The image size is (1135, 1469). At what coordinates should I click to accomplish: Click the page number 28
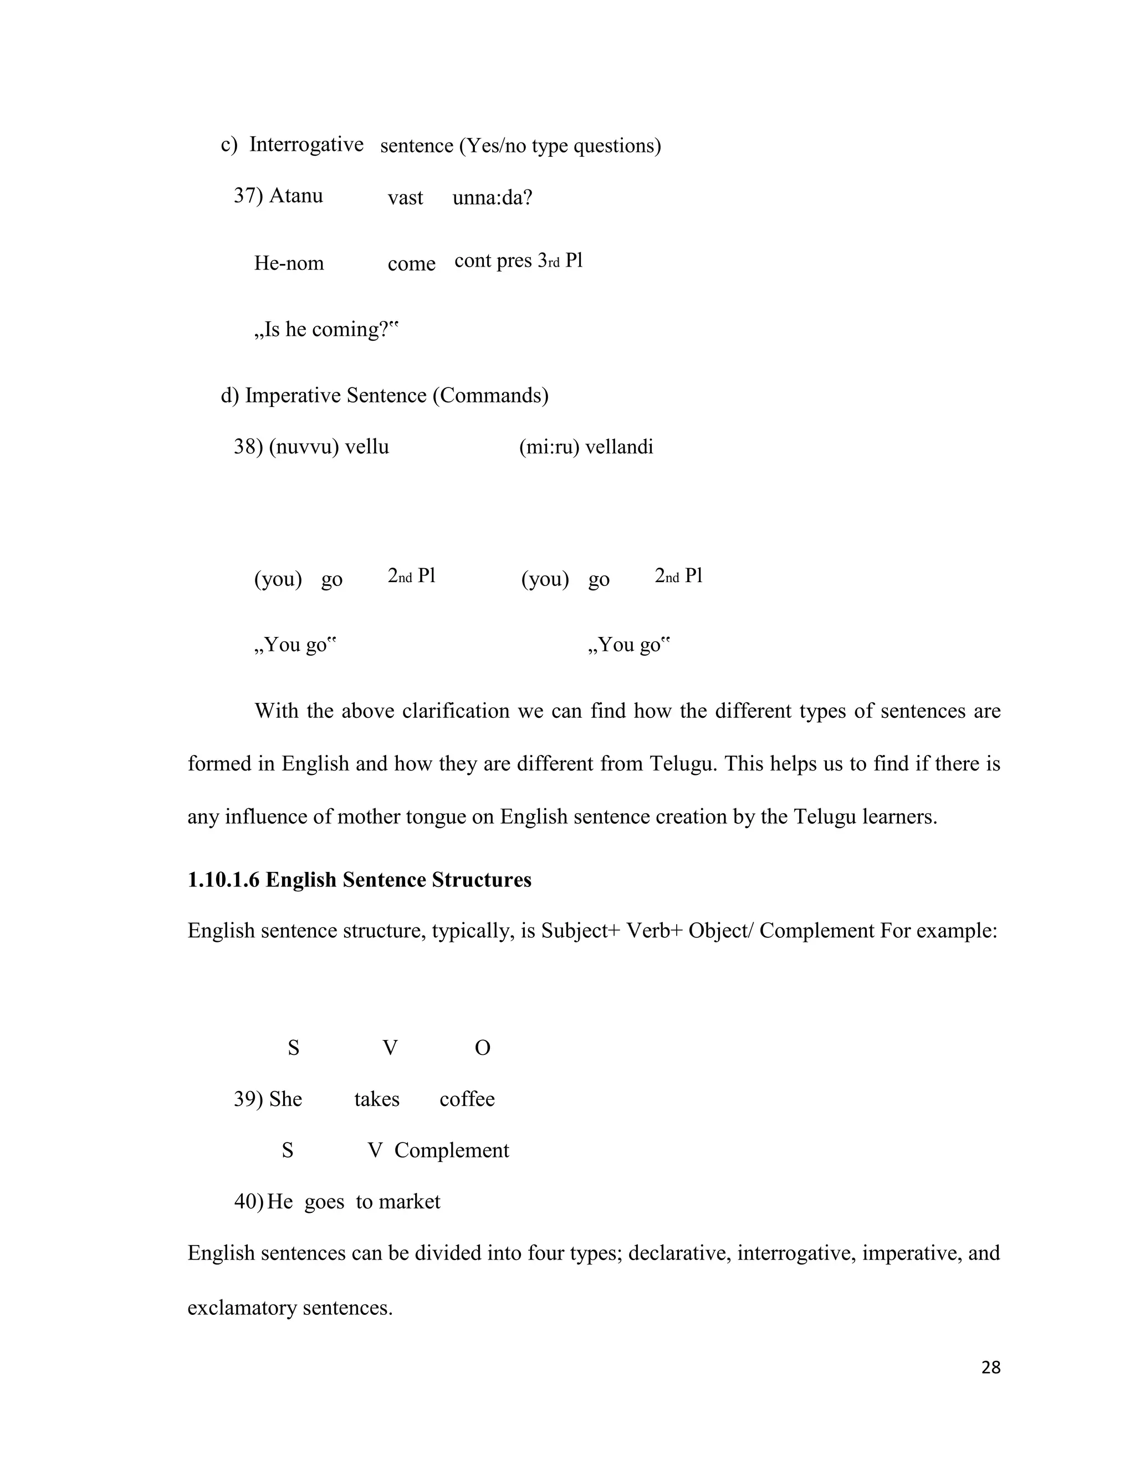[990, 1368]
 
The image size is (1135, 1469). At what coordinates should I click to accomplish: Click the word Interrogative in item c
[306, 145]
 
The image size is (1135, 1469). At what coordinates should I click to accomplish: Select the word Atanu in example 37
[296, 196]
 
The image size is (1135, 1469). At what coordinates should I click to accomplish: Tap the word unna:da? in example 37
[492, 198]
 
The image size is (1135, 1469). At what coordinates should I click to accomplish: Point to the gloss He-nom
[288, 263]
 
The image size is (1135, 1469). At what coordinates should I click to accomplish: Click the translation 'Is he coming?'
[326, 330]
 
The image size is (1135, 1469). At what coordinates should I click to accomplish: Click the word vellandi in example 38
[618, 447]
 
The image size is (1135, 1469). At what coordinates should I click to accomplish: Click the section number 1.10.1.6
[223, 880]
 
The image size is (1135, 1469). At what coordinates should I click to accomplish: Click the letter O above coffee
[482, 1048]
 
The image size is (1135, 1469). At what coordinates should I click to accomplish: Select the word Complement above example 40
[451, 1150]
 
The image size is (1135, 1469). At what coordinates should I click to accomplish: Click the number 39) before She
[248, 1099]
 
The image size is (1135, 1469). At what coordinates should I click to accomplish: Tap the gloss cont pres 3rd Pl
[518, 261]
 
